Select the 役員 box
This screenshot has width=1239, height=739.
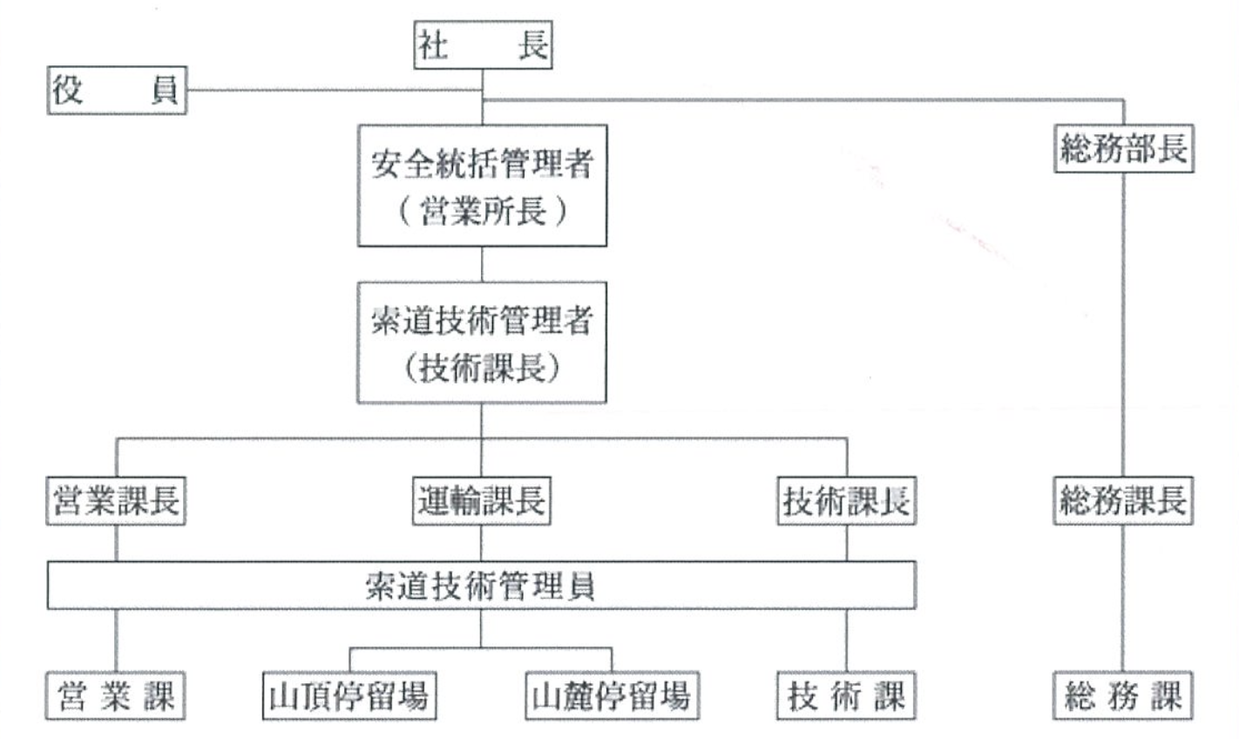[116, 91]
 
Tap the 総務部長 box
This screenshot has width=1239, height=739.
[1122, 149]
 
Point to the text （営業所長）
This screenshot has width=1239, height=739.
[482, 212]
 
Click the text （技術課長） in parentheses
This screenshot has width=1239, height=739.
[482, 369]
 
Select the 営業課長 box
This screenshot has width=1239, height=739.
[116, 501]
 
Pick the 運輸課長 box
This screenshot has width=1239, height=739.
[482, 501]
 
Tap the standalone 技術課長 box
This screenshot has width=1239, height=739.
[846, 501]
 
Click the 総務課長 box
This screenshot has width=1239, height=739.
[1122, 501]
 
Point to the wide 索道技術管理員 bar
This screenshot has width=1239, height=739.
[481, 585]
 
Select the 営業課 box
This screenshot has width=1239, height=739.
[116, 695]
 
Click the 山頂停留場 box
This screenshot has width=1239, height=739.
[349, 695]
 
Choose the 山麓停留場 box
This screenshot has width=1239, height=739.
[611, 695]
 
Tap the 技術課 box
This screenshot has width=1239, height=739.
[846, 695]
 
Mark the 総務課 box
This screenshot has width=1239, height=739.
[1122, 695]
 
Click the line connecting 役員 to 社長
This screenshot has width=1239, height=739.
[331, 90]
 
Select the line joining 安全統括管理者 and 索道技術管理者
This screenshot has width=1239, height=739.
[482, 263]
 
